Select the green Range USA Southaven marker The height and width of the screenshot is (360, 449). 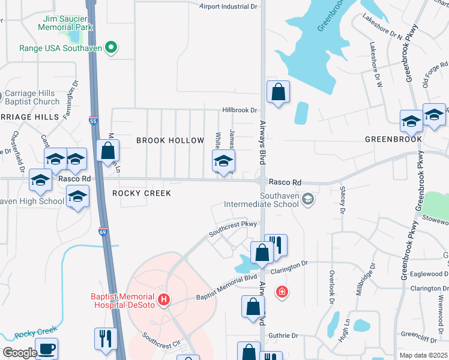point(111,47)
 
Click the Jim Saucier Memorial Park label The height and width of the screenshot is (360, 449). point(67,23)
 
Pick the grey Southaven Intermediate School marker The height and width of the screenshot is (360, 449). point(308,199)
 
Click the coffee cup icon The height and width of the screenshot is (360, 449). point(46,348)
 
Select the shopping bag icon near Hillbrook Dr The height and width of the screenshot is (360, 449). point(278,92)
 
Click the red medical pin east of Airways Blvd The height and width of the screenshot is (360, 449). point(281,292)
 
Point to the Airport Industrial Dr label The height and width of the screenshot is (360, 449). point(228,7)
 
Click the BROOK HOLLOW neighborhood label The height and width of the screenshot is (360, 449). point(170,140)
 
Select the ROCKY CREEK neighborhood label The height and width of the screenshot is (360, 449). point(142,193)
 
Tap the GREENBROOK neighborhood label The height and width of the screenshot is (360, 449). point(393,139)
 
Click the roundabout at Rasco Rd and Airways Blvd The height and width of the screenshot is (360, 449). point(262,181)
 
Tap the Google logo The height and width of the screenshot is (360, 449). point(20,353)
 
